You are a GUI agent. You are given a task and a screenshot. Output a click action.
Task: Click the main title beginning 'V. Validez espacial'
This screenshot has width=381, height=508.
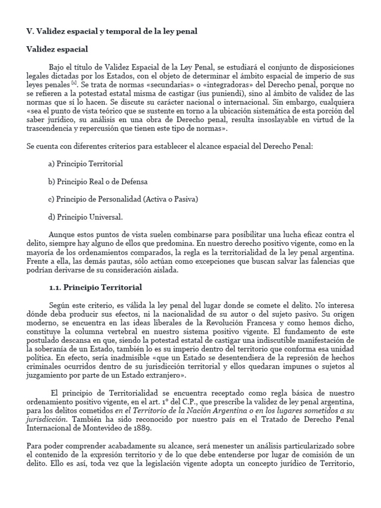click(x=112, y=31)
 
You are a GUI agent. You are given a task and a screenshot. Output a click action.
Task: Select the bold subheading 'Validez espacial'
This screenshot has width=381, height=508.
click(x=57, y=50)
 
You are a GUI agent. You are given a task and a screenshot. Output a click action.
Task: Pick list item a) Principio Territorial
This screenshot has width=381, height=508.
click(x=85, y=163)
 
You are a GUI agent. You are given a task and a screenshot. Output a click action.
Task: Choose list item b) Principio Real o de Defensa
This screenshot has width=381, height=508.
click(x=98, y=182)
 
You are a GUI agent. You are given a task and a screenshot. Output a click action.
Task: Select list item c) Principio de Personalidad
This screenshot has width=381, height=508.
click(x=123, y=199)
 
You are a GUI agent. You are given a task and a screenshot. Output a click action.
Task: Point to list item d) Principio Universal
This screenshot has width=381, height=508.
click(x=85, y=217)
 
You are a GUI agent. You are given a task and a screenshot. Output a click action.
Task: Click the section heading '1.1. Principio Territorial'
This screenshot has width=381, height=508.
click(x=95, y=288)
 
